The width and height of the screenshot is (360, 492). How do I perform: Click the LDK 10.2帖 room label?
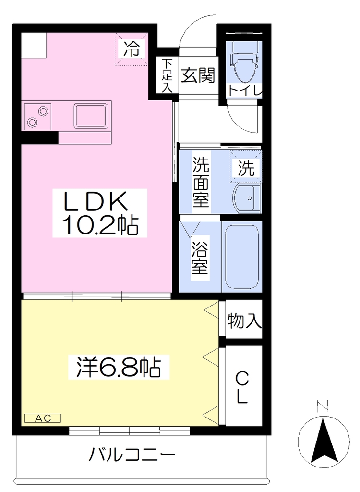(100, 213)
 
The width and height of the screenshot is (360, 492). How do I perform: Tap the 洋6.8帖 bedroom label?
(119, 367)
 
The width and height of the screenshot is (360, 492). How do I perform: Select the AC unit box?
(43, 418)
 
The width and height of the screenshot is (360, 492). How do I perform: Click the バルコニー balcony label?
(132, 455)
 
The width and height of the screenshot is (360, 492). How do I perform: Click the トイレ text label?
(245, 91)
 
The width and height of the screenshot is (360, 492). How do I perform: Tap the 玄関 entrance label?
(198, 75)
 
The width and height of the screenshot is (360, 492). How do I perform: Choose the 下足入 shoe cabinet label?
(167, 75)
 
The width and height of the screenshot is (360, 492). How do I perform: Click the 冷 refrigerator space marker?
(131, 49)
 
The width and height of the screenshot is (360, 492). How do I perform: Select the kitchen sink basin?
(91, 115)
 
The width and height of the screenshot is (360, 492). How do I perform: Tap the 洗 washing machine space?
(246, 167)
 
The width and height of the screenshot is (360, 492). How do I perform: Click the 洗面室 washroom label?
(201, 182)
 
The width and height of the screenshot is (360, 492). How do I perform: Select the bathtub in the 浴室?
(241, 257)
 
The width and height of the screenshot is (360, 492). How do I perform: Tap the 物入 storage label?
(244, 320)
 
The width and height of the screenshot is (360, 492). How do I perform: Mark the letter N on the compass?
(323, 406)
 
